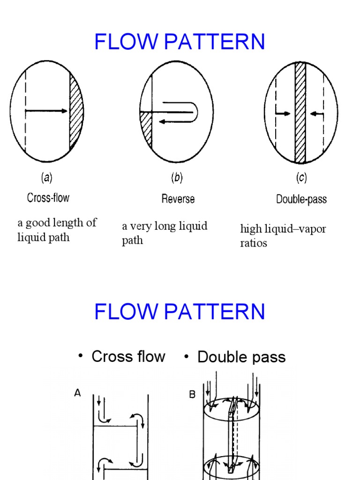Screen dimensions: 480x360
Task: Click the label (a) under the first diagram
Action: pos(46,178)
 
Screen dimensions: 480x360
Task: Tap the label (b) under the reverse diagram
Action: pos(176,178)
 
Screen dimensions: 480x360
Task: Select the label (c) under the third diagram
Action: pos(301,178)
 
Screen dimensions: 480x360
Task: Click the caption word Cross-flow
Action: pos(48,198)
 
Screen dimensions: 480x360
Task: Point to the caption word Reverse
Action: pos(178,199)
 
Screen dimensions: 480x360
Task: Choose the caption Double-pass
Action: pos(301,199)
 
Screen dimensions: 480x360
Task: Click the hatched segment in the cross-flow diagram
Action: pos(75,112)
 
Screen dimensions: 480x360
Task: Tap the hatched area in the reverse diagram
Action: pos(147,129)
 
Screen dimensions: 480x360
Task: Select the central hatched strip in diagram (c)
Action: pos(300,112)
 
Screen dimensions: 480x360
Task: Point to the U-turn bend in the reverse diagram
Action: pos(196,112)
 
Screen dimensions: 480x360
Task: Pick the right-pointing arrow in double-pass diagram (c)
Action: pos(283,113)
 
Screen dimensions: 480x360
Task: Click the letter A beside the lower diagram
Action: pos(78,394)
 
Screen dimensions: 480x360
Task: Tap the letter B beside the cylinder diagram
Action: pos(192,395)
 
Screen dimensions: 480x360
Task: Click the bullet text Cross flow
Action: pos(128,357)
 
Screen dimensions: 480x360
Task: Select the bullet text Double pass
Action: pos(241,357)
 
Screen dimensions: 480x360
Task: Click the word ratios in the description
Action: pos(254,243)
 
